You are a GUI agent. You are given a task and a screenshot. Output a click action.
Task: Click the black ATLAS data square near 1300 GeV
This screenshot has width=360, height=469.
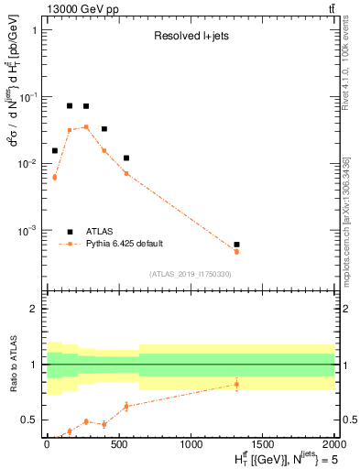tap(236, 245)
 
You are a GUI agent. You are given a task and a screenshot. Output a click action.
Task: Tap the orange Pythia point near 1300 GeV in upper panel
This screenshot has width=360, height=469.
tap(236, 251)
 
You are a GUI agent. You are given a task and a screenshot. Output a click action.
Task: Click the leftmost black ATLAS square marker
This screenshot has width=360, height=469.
tap(54, 150)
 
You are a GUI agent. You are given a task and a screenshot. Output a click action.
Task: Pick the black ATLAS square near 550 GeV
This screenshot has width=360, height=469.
tap(126, 158)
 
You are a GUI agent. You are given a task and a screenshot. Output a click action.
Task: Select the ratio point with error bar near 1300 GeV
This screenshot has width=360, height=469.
tap(236, 384)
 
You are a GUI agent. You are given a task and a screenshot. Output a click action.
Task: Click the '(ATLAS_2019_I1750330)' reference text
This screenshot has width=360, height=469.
tap(191, 274)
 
